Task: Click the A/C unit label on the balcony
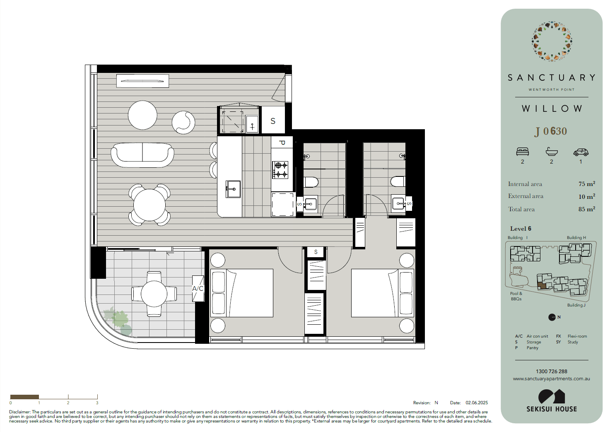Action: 198,288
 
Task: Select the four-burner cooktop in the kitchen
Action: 280,170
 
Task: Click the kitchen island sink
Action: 233,189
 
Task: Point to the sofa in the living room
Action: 142,155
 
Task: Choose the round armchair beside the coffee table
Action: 183,123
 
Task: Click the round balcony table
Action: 154,294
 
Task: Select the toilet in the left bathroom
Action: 311,182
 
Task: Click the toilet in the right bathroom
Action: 398,181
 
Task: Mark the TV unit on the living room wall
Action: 142,81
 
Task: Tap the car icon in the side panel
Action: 581,152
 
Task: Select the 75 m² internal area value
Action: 586,184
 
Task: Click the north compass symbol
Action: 552,317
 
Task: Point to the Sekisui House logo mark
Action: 552,396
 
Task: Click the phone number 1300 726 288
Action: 552,371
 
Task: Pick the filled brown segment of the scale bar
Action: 24,397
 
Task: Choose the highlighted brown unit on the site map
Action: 542,285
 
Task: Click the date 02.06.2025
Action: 477,403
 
